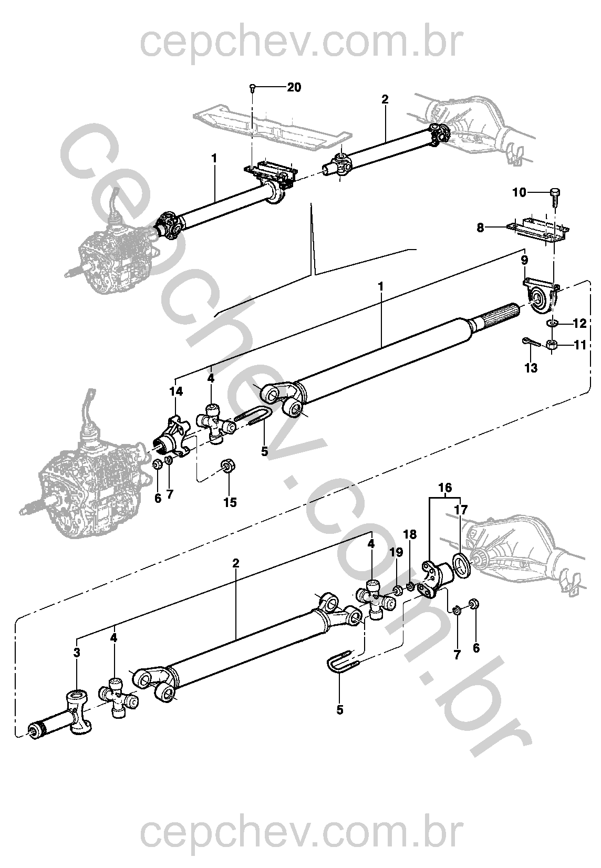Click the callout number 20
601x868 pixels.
(x=294, y=87)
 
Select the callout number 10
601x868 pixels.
(x=520, y=192)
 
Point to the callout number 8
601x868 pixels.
(x=481, y=228)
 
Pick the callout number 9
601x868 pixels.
(x=524, y=260)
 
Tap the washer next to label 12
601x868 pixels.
(x=552, y=323)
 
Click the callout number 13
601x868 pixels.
(x=531, y=368)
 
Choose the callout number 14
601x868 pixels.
(x=176, y=391)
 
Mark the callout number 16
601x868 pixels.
(x=445, y=488)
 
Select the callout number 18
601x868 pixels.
(x=410, y=534)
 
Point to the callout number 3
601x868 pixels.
(x=77, y=652)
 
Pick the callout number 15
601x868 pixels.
(x=230, y=503)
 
